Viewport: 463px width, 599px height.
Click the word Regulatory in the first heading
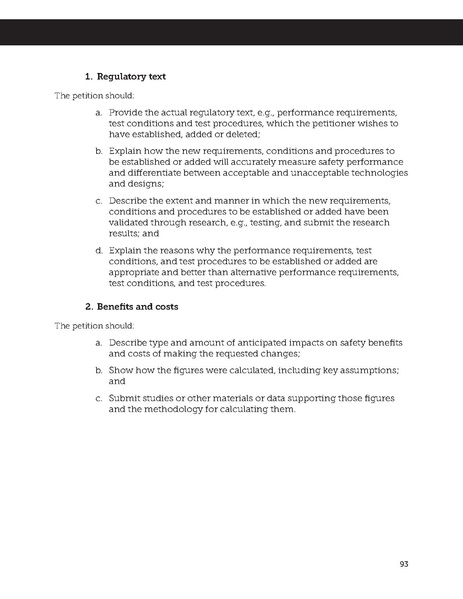[126, 76]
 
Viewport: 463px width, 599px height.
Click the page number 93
[405, 563]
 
